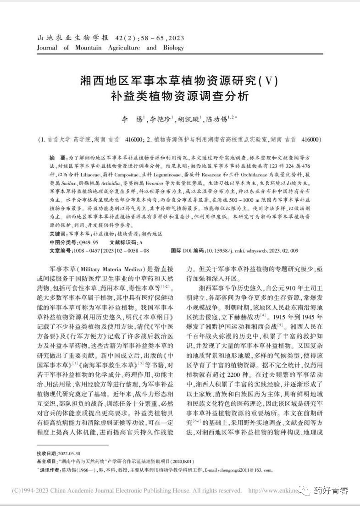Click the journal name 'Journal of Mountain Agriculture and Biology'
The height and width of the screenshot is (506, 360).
(110, 48)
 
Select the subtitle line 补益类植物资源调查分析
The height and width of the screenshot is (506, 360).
(180, 97)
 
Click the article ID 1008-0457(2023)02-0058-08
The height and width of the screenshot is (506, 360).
(111, 251)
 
